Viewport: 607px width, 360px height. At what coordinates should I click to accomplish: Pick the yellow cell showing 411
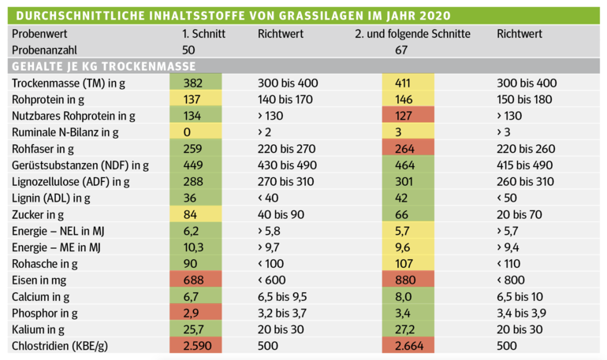point(408,83)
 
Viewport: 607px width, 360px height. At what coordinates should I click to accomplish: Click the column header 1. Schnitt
point(203,34)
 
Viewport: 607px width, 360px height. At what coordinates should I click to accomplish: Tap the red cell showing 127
point(408,116)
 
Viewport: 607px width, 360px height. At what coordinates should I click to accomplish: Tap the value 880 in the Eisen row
point(408,280)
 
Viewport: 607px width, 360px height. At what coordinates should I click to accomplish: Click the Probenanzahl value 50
point(189,50)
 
